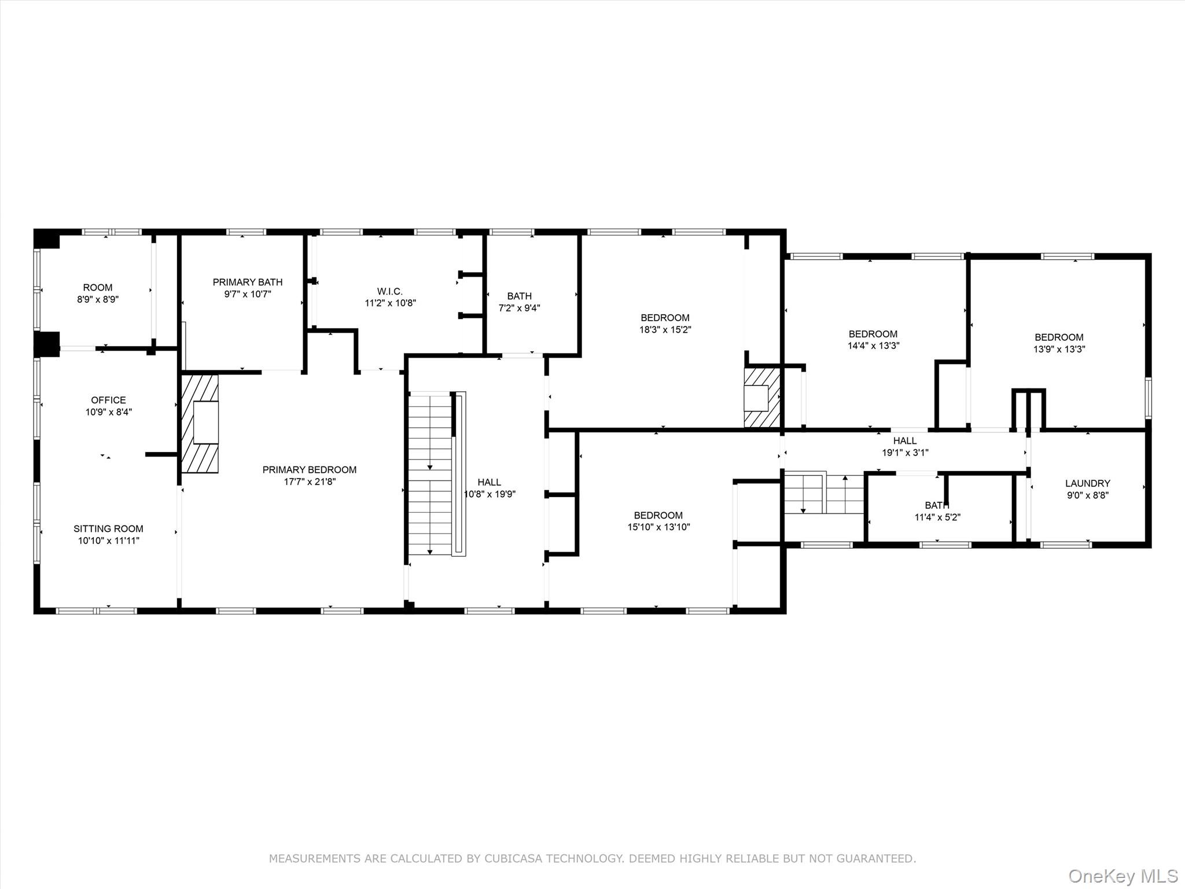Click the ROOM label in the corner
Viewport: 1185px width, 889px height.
pos(98,288)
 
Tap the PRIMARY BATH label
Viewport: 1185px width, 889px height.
pos(248,282)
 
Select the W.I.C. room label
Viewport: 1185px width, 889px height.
pos(390,291)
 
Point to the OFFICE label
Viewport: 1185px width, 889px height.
pos(108,400)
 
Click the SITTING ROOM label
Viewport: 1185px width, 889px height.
pos(108,528)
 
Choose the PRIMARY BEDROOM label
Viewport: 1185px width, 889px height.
pos(310,469)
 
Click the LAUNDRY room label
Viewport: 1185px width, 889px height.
pos(1088,483)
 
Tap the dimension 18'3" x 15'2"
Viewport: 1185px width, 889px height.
pos(665,330)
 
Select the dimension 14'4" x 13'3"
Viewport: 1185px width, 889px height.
pos(873,346)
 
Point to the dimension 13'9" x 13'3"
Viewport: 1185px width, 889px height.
pos(1059,350)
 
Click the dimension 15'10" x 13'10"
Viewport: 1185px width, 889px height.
pos(658,527)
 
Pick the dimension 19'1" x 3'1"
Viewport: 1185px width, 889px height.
pos(905,453)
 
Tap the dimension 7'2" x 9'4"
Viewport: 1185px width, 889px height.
pos(519,308)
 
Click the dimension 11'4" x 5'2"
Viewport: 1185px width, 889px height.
pos(937,517)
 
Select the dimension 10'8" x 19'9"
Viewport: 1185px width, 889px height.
pos(490,494)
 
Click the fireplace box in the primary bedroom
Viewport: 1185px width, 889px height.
pos(206,422)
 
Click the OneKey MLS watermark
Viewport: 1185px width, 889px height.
pos(1123,876)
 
